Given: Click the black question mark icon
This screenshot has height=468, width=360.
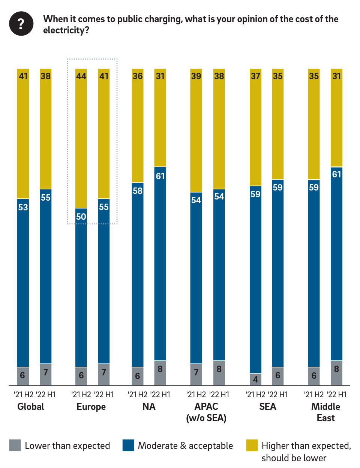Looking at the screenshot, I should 21,24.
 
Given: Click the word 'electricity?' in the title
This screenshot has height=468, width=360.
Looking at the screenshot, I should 66,30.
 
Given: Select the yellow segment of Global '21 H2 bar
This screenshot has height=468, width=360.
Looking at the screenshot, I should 23,135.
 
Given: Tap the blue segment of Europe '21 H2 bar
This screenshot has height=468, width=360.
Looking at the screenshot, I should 81,289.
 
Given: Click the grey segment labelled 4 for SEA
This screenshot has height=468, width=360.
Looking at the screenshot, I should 255,379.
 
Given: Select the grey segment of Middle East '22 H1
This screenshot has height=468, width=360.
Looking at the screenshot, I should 336,373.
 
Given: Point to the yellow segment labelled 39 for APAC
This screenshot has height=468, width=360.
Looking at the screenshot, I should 196,131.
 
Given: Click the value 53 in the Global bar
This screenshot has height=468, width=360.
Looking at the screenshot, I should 23,207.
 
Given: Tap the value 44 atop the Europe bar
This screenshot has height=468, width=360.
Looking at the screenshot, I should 81,76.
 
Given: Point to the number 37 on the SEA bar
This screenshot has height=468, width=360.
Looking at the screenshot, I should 255,76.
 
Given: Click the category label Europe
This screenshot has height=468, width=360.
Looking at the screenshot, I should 91,407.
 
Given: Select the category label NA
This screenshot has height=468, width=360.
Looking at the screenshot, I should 149,407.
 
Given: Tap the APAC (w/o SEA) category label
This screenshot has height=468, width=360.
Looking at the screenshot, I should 206,412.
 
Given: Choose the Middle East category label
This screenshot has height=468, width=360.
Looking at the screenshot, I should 325,412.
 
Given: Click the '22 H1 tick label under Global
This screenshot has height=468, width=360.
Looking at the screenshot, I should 46,394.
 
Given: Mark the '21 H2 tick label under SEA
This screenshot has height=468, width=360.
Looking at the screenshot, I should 255,394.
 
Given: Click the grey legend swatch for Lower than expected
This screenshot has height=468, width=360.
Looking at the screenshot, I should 15,445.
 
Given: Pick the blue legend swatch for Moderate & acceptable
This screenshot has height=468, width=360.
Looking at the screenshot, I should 128,445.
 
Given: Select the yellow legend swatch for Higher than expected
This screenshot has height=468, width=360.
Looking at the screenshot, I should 252,445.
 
